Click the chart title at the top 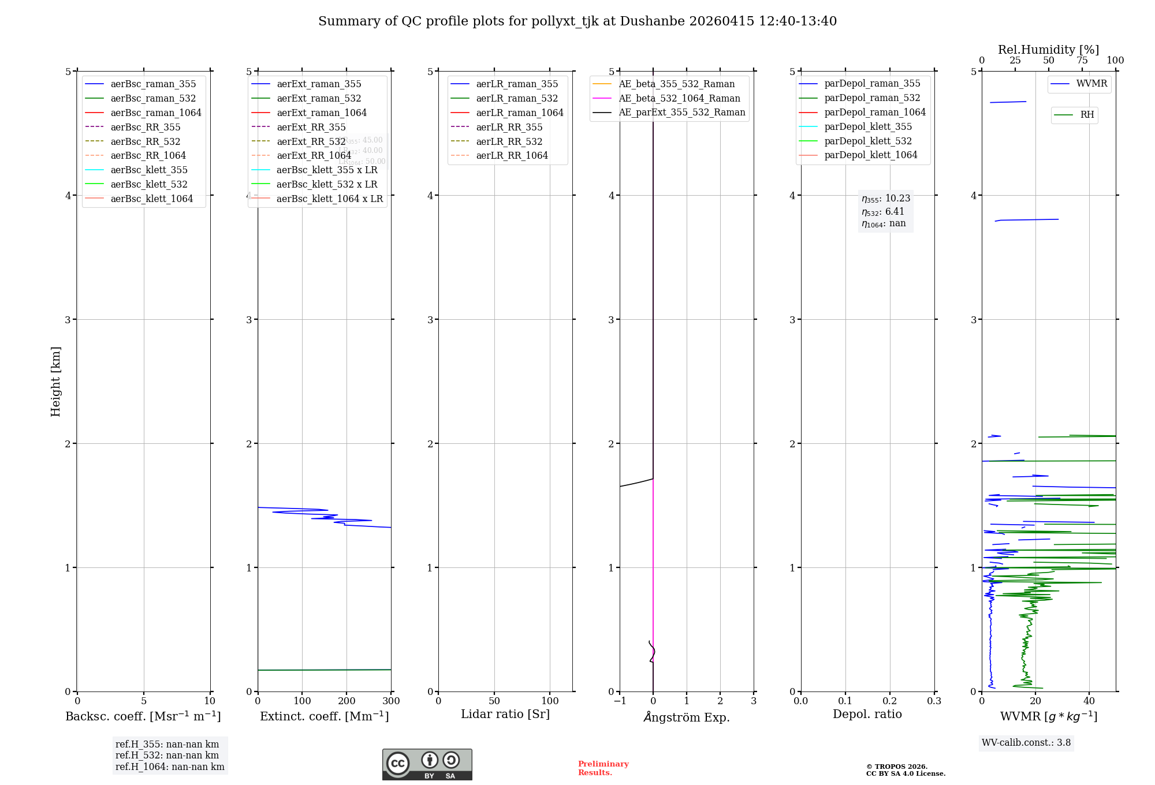point(577,21)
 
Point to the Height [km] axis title point(55,381)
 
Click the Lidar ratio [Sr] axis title point(505,714)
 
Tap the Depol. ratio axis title point(867,714)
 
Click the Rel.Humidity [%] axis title point(1048,50)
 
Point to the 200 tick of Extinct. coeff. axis point(346,701)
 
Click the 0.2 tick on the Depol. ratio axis point(890,701)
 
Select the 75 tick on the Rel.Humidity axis point(1082,61)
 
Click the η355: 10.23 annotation point(886,199)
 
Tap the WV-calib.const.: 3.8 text point(1026,743)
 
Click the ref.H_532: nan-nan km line point(167,755)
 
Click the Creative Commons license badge point(427,764)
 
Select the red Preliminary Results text point(603,768)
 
